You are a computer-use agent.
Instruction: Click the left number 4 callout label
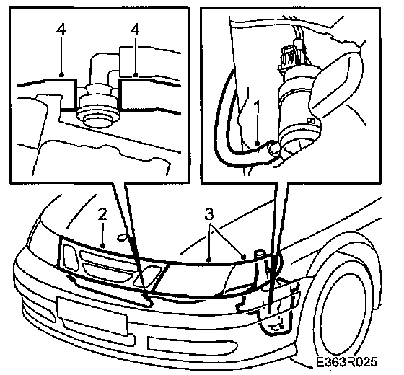coord(61,30)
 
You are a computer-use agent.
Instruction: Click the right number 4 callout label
coord(134,30)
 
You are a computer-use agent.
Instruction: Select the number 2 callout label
coord(102,214)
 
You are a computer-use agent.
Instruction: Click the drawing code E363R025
coord(346,362)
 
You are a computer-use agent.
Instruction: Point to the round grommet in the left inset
coord(98,107)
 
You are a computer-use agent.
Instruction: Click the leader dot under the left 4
coord(61,75)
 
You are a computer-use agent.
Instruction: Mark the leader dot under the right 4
coord(135,75)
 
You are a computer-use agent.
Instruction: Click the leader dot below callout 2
coord(102,245)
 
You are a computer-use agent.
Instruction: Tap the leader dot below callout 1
coord(257,143)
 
